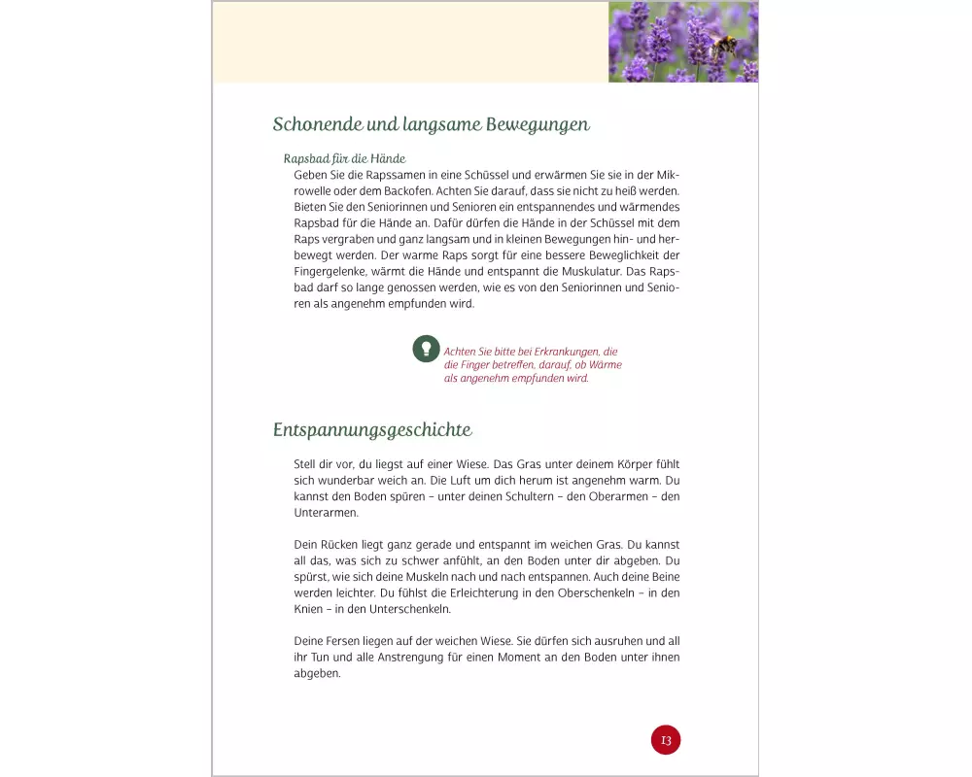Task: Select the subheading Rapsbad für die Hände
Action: point(344,158)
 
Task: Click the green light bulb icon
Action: point(426,348)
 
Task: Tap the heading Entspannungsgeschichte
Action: point(372,429)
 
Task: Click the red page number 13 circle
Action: point(666,740)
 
